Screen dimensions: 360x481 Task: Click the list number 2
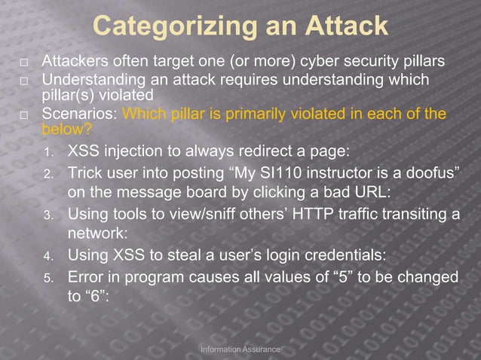[x=47, y=174]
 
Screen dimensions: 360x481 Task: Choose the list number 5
[x=47, y=277]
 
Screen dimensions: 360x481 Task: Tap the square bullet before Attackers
[x=24, y=62]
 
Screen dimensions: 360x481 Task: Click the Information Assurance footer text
[x=240, y=349]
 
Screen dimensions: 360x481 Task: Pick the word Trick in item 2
[x=85, y=172]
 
